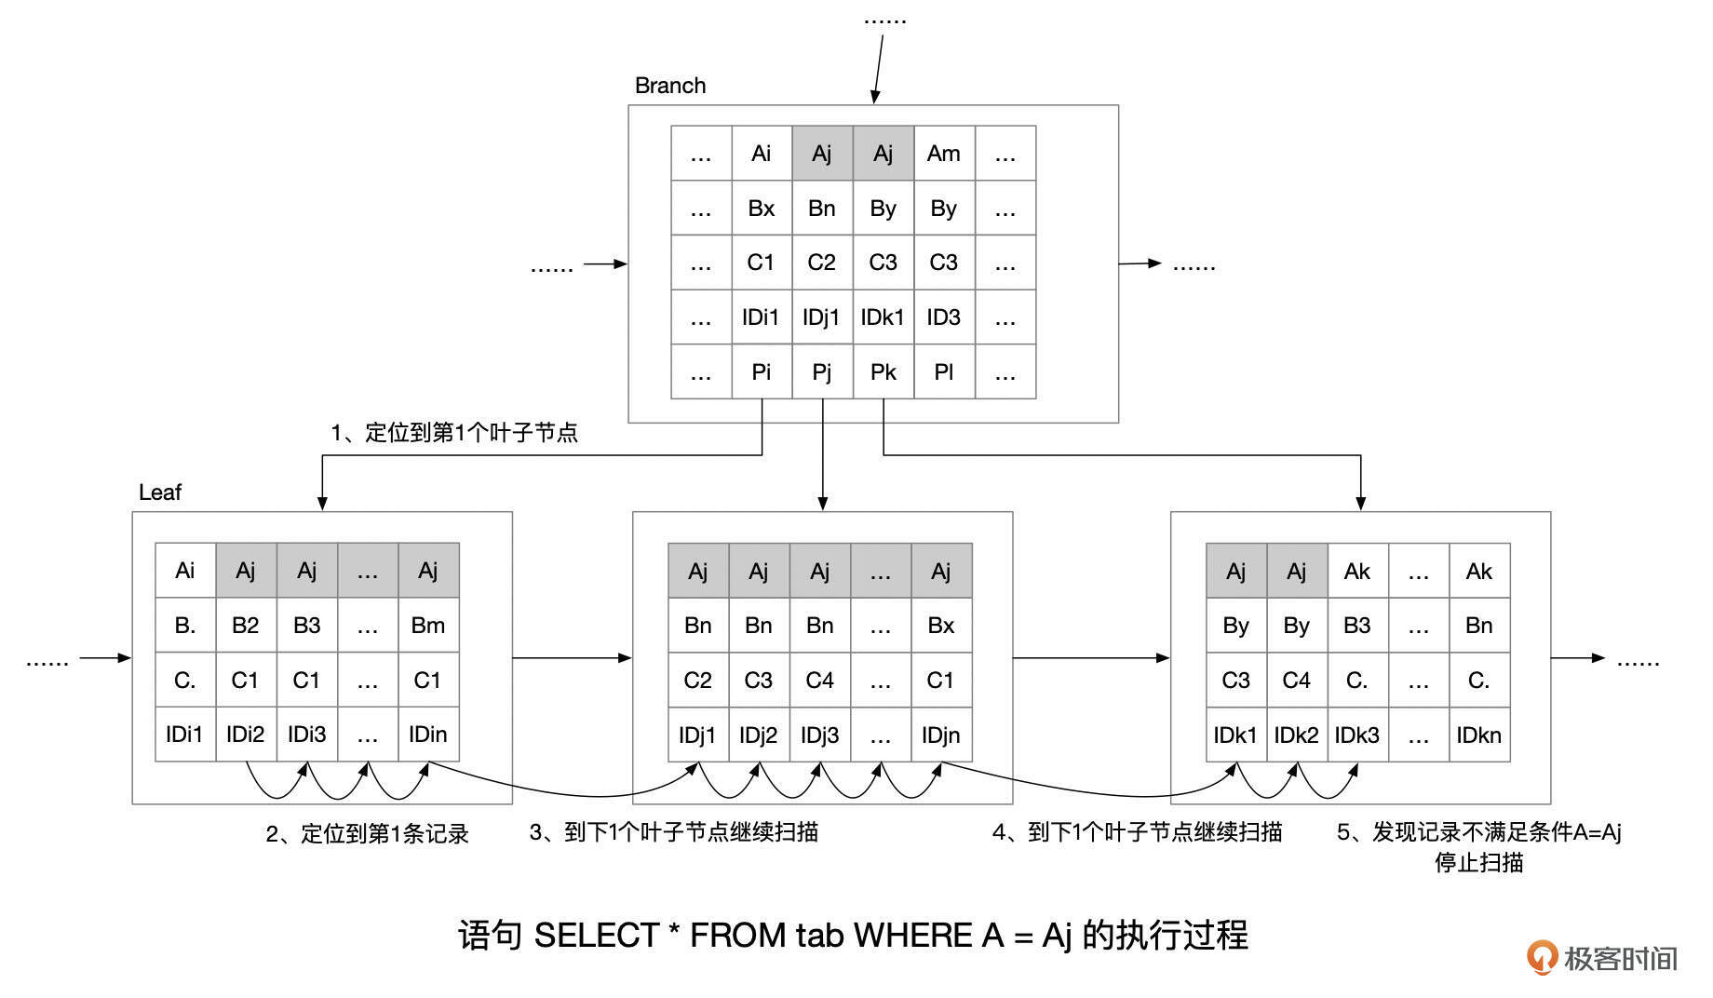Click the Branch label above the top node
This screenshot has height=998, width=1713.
click(669, 86)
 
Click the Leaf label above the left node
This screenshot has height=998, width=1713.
click(159, 492)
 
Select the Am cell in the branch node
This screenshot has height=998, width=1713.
click(943, 154)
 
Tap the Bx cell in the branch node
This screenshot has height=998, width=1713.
click(761, 209)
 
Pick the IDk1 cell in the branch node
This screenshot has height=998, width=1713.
click(882, 317)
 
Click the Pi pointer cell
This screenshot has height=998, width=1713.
click(761, 372)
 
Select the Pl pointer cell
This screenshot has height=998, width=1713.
click(943, 372)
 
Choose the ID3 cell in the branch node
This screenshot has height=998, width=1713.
click(943, 317)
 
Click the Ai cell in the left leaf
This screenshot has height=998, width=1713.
click(185, 571)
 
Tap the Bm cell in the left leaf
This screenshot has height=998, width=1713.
click(427, 626)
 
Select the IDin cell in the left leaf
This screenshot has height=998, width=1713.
click(427, 735)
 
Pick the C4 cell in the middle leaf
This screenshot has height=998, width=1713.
click(819, 681)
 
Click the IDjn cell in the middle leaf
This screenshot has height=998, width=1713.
click(940, 735)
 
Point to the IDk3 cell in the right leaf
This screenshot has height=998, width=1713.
click(1356, 735)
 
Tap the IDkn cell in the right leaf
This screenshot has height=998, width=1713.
click(1478, 735)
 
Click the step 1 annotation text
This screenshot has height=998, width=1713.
click(454, 433)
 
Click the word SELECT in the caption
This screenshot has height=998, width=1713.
click(596, 936)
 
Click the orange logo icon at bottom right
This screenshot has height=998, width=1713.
click(1541, 957)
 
